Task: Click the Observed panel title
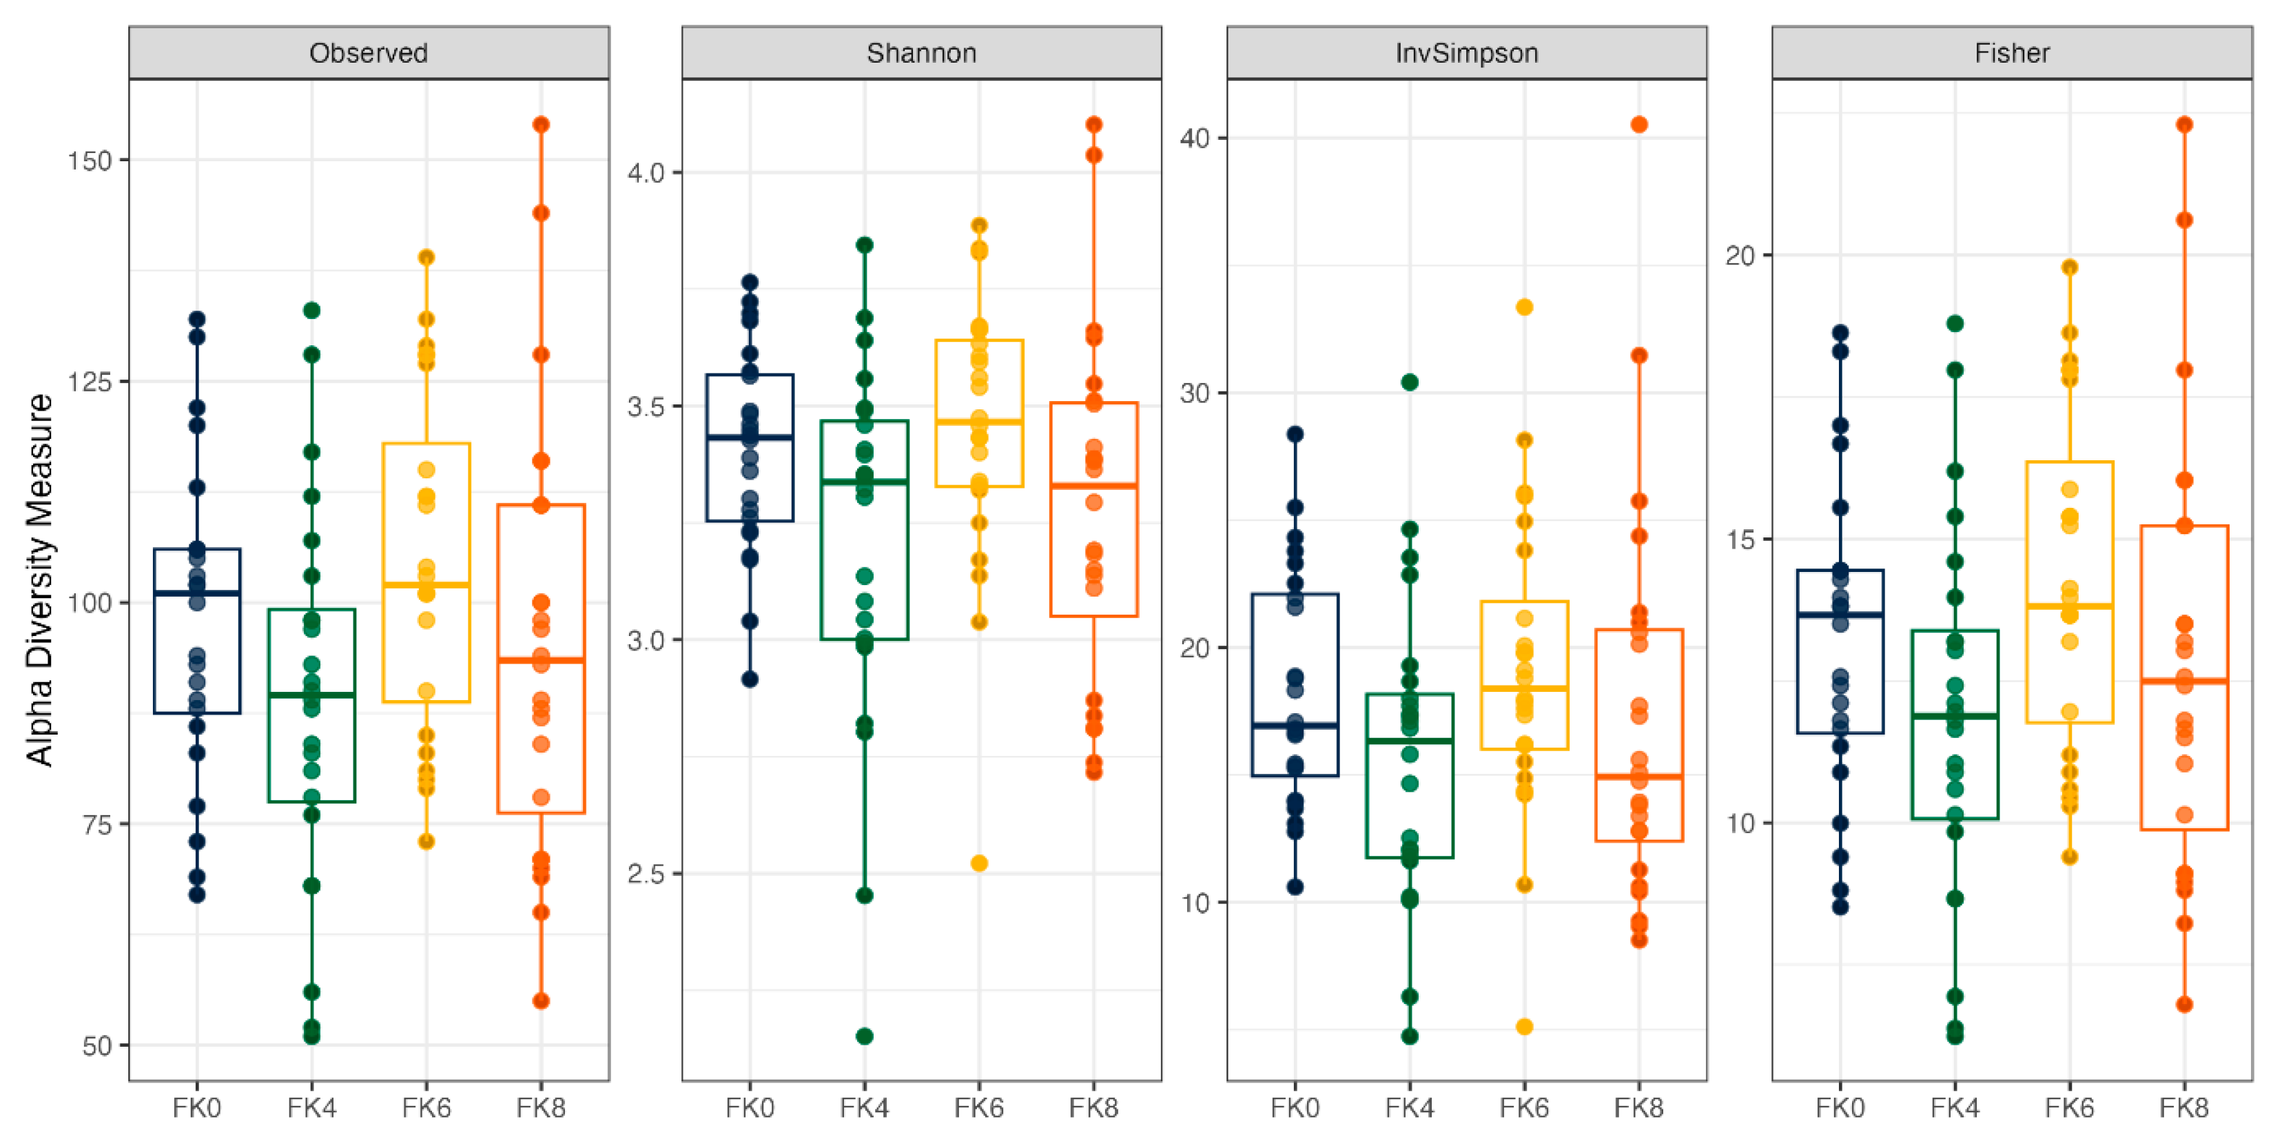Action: pos(368,53)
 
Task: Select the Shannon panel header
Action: pos(921,53)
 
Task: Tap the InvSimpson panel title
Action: pos(1466,53)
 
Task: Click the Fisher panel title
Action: pos(2012,53)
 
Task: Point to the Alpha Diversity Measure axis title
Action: pos(39,580)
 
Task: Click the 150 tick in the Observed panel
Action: pos(90,161)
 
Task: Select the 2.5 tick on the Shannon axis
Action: pos(646,874)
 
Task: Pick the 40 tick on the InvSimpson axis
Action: pos(1195,139)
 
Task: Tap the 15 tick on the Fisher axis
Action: pos(1741,540)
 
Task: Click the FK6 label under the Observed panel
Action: pos(426,1107)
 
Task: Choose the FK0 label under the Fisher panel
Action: pos(1840,1107)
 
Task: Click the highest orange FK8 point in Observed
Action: pos(541,125)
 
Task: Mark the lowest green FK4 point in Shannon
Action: pos(865,1036)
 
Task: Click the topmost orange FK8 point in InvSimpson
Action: pos(1638,125)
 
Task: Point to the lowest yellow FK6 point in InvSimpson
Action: pos(1524,1027)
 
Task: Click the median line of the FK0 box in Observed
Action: pos(197,593)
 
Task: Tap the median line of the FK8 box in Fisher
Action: pos(2184,681)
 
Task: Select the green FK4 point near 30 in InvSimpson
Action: pos(1409,382)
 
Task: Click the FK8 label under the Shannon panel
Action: pos(1093,1107)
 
